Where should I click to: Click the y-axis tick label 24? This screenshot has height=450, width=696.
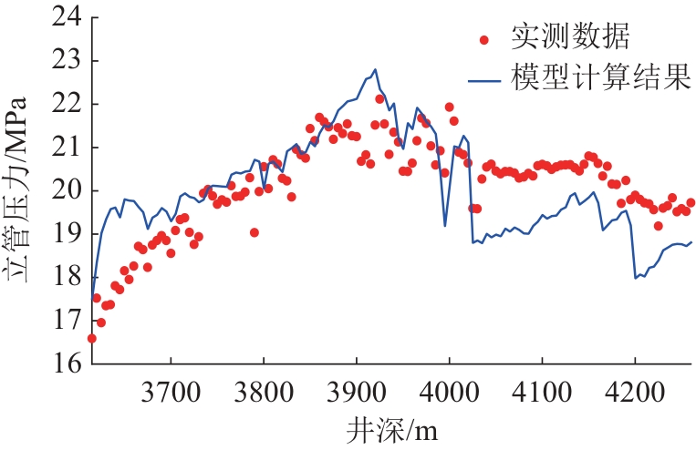pos(68,17)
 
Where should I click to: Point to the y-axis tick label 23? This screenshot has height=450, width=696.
pos(68,61)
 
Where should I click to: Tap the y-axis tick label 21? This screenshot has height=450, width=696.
pos(68,148)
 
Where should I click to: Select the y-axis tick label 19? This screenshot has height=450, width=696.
pos(68,233)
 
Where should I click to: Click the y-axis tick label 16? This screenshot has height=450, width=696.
pos(68,363)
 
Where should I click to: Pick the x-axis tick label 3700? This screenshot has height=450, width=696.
pos(171,392)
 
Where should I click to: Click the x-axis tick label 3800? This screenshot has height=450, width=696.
pos(264,392)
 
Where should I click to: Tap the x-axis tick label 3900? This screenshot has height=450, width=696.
pos(357,392)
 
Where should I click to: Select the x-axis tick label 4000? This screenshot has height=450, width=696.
pos(449,392)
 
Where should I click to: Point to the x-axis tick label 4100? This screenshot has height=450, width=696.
pos(542,392)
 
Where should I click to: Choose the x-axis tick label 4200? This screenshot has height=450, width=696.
pos(635,392)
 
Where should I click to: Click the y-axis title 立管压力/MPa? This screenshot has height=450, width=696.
pos(16,189)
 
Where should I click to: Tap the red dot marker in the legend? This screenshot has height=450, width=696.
pos(484,40)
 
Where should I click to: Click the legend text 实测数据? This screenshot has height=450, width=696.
pos(570,36)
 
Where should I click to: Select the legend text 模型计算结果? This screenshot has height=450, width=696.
pos(601,78)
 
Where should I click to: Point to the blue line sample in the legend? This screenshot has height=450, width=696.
pos(484,82)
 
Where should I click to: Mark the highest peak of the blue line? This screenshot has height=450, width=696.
pos(375,69)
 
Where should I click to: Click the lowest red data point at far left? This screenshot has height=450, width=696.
pos(92,339)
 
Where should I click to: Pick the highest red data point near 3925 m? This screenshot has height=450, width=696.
pos(379,99)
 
